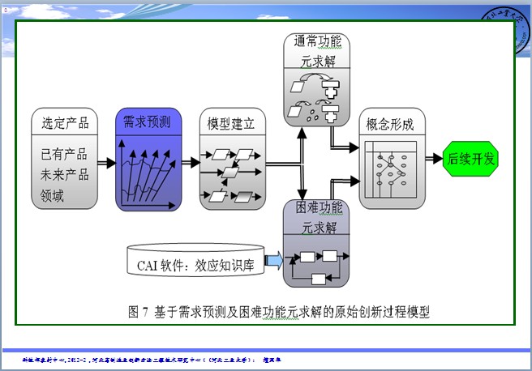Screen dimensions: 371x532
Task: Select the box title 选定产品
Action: pos(65,124)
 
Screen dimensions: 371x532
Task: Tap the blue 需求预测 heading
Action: pos(147,124)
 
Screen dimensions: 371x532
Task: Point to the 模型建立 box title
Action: pos(231,124)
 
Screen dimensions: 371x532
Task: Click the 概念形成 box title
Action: pos(390,125)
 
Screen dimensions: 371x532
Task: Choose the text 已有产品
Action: pos(64,154)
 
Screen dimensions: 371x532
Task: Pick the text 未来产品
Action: pos(64,173)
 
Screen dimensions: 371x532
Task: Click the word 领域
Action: pos(52,194)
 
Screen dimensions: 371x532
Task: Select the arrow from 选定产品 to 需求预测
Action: pos(105,160)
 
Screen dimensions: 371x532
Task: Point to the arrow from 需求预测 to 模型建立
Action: pos(188,160)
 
